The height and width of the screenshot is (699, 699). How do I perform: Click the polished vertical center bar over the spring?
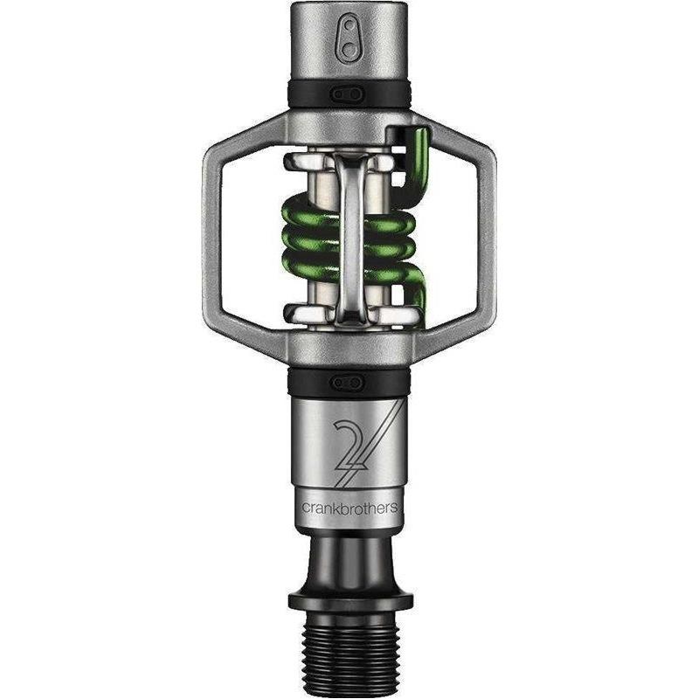(x=350, y=236)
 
